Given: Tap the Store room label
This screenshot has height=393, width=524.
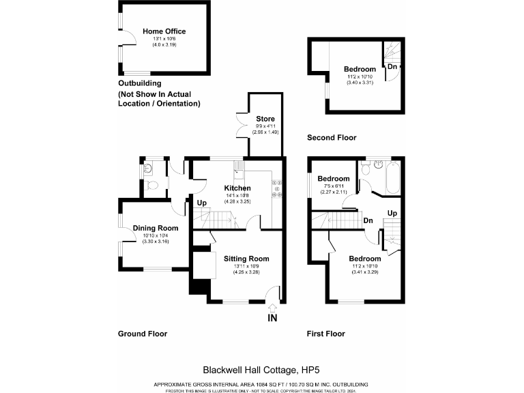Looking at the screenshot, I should [265, 119].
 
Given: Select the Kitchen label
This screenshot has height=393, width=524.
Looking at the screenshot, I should [238, 188].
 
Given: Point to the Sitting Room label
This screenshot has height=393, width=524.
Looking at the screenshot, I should [246, 259].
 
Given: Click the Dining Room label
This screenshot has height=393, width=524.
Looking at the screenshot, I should [156, 228].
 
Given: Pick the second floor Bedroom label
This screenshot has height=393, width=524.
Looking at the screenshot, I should [360, 70].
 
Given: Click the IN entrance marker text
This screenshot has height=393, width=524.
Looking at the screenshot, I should [272, 318].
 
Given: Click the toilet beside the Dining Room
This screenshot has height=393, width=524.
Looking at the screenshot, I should [153, 184].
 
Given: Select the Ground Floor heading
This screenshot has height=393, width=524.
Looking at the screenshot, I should [142, 334].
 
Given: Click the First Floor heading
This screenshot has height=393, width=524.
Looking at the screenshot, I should [325, 334].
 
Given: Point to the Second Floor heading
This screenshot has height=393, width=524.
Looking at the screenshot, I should [332, 138].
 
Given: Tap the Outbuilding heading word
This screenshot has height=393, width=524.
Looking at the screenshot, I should [140, 83].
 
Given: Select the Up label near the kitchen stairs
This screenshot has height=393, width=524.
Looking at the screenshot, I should [201, 203].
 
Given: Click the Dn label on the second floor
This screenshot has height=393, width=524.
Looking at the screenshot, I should [392, 67].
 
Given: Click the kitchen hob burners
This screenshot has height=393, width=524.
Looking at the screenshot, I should [278, 188].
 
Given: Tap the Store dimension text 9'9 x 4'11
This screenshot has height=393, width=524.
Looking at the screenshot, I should [265, 126].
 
